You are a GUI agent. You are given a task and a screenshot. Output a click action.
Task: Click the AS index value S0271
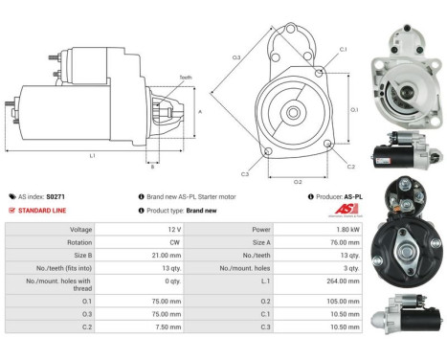56,196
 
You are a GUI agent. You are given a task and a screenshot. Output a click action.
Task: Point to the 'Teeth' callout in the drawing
185,77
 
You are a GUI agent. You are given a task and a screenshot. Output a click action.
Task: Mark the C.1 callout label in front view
343,49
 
